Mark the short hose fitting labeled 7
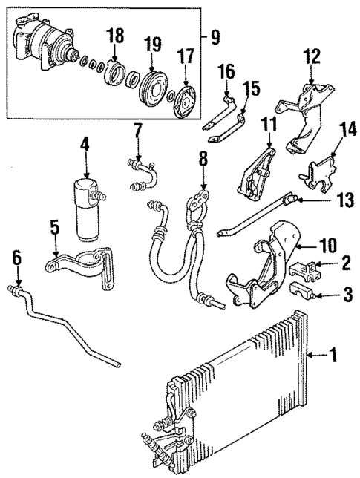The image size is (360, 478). click(145, 172)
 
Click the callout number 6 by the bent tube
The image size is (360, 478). click(17, 258)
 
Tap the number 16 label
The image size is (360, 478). click(226, 71)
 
